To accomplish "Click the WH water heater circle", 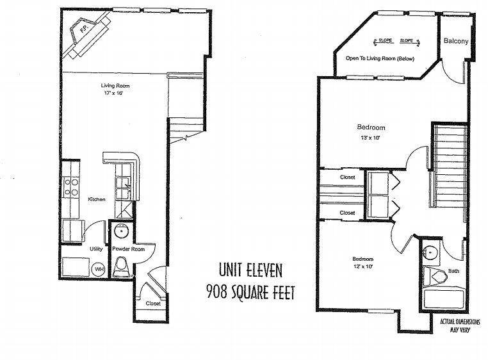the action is pos(99,269).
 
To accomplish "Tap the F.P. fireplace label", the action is pos(83,29).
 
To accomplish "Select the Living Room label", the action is pos(115,86).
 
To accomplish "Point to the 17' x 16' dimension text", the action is pos(114,93).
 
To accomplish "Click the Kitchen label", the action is pos(97,199).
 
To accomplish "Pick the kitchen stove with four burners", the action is pos(71,187).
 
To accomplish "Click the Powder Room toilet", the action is pos(121,266).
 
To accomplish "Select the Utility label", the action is pos(96,249).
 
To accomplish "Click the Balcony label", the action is pos(456,41).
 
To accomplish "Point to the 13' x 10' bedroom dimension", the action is pos(370,138).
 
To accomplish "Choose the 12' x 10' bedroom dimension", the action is pos(363,266).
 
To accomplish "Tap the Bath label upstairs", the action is pos(453,271).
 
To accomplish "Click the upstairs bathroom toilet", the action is pos(434,277).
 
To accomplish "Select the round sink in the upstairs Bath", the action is pos(430,251).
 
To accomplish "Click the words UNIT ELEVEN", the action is pos(250,270).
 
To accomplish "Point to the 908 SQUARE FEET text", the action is pos(250,293).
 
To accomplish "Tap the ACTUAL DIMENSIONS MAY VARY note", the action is pos(460,325).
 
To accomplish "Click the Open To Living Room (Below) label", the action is pos(380,58).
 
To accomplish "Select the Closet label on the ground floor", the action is pos(153,304).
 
